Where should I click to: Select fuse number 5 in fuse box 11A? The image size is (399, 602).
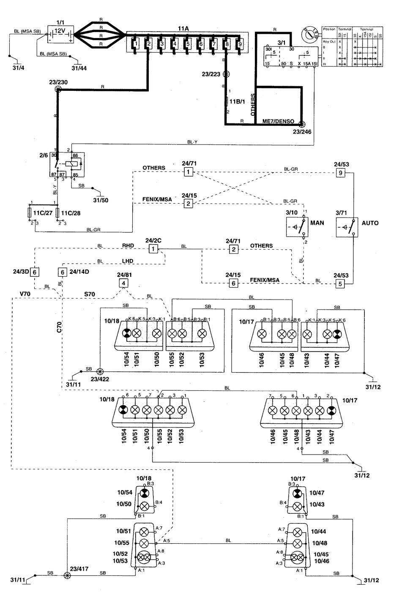click(x=188, y=43)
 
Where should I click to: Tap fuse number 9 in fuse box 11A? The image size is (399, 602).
click(x=240, y=43)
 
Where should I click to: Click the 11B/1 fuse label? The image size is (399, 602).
click(x=235, y=101)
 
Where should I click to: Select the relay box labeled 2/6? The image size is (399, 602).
click(x=67, y=165)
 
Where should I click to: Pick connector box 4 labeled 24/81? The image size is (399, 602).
click(x=123, y=283)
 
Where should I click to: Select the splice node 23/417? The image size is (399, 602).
click(x=66, y=575)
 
